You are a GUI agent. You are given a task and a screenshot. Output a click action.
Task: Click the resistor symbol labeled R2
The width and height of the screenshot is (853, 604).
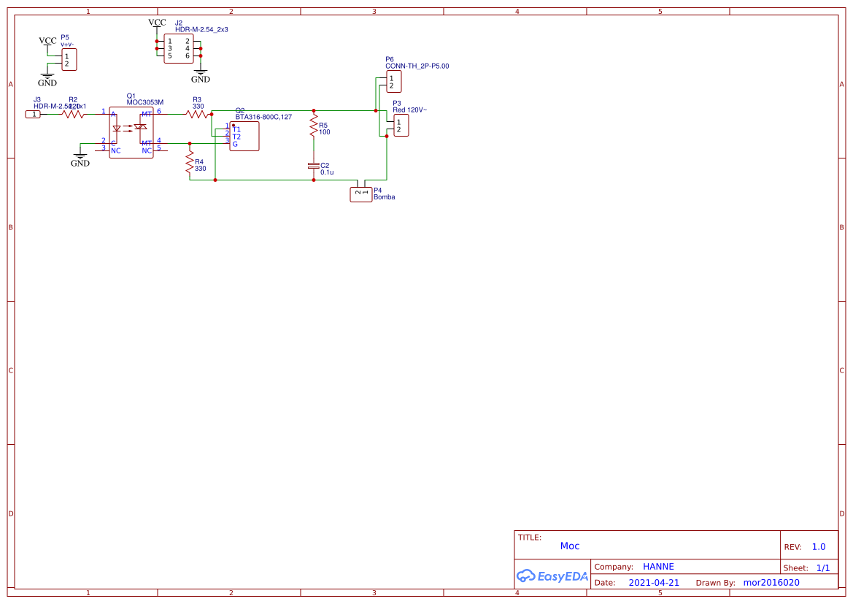(x=73, y=114)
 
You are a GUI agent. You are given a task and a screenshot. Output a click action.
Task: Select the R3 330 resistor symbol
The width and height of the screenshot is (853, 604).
(x=197, y=114)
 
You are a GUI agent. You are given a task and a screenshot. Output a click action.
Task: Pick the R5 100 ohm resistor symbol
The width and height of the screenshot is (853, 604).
(x=314, y=128)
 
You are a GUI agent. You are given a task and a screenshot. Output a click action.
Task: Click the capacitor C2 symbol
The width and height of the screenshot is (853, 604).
(x=314, y=167)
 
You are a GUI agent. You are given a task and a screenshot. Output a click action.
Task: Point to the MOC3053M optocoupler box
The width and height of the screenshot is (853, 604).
(x=131, y=132)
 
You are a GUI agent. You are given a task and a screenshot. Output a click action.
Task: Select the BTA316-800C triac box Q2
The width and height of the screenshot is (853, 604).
(x=244, y=136)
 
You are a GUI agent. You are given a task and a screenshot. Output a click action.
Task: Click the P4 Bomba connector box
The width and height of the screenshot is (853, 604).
(x=361, y=194)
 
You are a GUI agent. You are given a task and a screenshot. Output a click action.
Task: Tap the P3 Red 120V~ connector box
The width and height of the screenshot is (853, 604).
(x=401, y=126)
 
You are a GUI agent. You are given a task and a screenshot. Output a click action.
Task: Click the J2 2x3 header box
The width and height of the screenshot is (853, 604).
(x=178, y=48)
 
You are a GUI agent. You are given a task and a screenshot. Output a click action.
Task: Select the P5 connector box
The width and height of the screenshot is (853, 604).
(x=69, y=60)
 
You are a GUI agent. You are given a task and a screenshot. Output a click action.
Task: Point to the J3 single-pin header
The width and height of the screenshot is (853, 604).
(x=34, y=114)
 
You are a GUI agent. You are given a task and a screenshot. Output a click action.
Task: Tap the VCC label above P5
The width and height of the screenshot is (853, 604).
(x=47, y=41)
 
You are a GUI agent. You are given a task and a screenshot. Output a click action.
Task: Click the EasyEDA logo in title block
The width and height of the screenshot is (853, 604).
(x=552, y=576)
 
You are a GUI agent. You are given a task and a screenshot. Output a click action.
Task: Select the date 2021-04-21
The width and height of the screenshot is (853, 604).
(x=654, y=583)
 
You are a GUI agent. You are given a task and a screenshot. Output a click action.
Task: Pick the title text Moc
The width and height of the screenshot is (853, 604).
(x=570, y=546)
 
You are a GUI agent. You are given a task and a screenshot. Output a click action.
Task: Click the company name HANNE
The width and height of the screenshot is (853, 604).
(x=658, y=567)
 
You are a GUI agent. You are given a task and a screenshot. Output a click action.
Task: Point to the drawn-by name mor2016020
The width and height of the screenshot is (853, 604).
(x=771, y=583)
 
